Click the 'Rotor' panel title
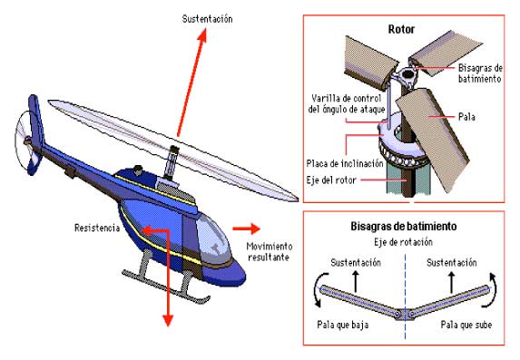pyautogui.click(x=401, y=29)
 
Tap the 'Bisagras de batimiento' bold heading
pyautogui.click(x=404, y=227)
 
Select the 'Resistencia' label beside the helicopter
pyautogui.click(x=97, y=229)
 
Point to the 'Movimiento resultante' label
pyautogui.click(x=269, y=251)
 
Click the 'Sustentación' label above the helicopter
pyautogui.click(x=207, y=19)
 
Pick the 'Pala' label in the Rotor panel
pyautogui.click(x=466, y=117)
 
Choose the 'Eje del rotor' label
pyautogui.click(x=331, y=180)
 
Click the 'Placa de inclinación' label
pyautogui.click(x=345, y=163)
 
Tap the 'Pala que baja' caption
pyautogui.click(x=342, y=325)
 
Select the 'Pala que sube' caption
pyautogui.click(x=466, y=325)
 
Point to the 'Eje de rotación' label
pyautogui.click(x=403, y=242)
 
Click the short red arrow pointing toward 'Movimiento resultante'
pyautogui.click(x=246, y=229)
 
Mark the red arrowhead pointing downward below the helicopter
pyautogui.click(x=168, y=320)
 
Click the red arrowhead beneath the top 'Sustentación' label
pyautogui.click(x=202, y=35)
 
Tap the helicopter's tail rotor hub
pyautogui.click(x=27, y=141)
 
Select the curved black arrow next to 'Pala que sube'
pyautogui.click(x=490, y=290)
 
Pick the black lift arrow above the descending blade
pyautogui.click(x=355, y=281)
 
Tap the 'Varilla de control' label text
pyautogui.click(x=347, y=98)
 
